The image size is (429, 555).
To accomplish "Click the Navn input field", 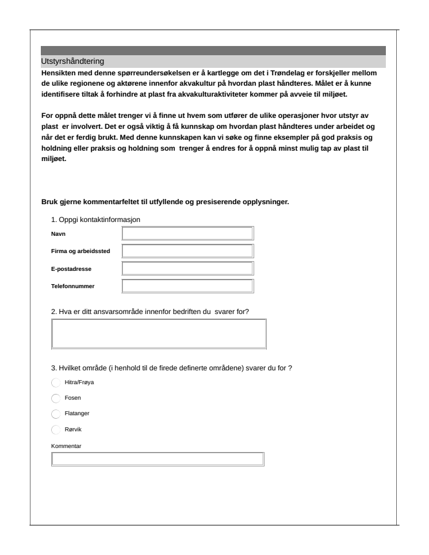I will click(x=187, y=233).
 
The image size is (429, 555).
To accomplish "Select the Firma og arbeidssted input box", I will click(x=187, y=251).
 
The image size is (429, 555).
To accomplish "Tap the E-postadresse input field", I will click(x=187, y=269).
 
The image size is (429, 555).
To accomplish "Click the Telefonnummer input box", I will click(x=187, y=286).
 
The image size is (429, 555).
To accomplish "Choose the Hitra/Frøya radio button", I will click(x=56, y=382).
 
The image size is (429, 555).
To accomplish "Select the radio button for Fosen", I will click(x=56, y=398).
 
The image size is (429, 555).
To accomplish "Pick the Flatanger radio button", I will click(x=56, y=414).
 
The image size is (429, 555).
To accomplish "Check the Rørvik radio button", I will click(x=56, y=429).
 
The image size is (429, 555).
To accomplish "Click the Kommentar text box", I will click(x=158, y=458).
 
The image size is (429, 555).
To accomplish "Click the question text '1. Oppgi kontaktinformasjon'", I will click(x=96, y=220).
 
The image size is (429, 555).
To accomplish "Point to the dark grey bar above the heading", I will click(x=213, y=51).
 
